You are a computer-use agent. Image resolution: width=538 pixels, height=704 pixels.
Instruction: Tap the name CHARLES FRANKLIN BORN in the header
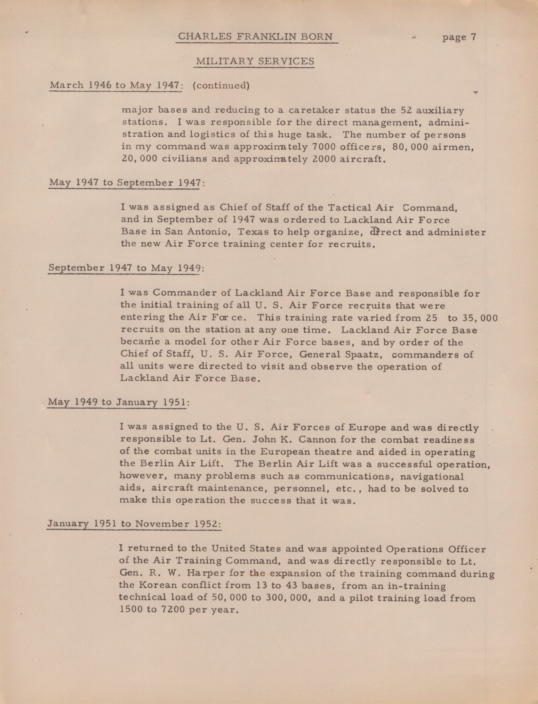(255, 36)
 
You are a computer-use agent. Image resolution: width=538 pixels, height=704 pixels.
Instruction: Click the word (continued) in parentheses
(221, 86)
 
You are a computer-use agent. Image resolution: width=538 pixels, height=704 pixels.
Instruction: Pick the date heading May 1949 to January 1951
(118, 402)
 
